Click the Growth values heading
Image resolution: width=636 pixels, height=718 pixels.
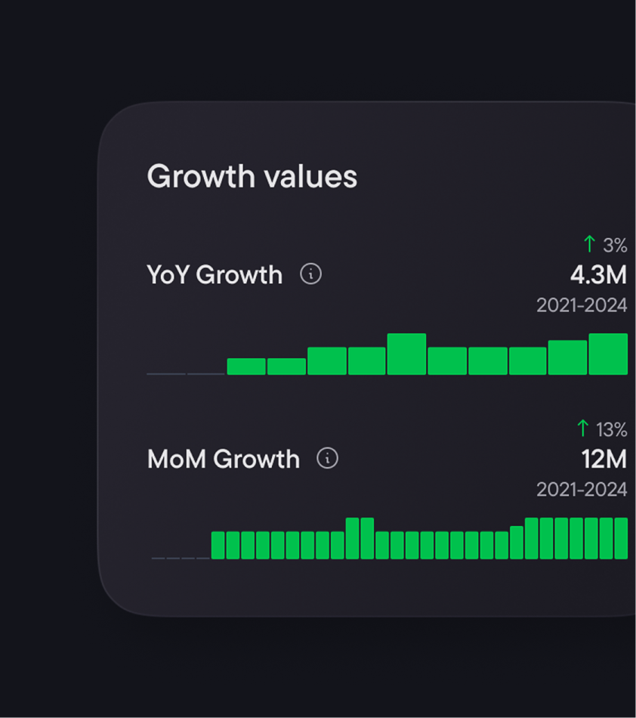252,177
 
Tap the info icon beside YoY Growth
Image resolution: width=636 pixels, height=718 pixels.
310,274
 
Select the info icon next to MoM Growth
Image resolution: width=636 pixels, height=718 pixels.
327,458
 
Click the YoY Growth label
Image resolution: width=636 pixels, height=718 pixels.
215,274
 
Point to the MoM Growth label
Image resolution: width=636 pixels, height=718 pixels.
224,459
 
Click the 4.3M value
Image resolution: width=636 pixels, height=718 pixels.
598,275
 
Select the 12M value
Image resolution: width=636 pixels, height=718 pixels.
604,459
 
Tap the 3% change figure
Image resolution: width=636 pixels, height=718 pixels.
615,245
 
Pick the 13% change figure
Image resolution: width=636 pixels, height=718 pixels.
611,429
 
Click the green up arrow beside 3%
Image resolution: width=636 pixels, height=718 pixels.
589,243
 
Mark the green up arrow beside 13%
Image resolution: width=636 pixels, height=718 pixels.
582,428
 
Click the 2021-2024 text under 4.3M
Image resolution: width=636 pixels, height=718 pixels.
582,305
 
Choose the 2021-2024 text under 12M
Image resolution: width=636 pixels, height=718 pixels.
582,490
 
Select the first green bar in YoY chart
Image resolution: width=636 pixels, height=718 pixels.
246,367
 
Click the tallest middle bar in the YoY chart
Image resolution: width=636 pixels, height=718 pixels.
406,354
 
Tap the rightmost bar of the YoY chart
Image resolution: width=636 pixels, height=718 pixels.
608,354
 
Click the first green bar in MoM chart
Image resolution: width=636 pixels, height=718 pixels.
218,545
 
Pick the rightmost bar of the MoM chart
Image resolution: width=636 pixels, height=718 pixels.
621,538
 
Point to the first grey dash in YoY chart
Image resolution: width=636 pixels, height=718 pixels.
166,373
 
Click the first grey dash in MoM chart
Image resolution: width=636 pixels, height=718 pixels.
158,558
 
